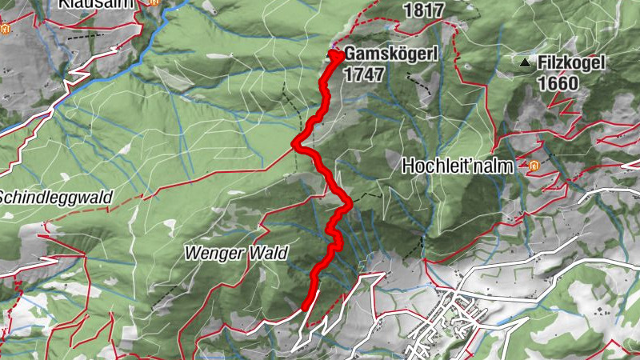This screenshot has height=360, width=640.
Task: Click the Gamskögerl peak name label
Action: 388,56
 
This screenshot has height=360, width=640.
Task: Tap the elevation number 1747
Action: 364,74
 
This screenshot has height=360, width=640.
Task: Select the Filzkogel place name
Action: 572,62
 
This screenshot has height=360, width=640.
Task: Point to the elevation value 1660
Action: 559,82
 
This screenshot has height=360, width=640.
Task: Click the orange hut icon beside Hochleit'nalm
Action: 532,166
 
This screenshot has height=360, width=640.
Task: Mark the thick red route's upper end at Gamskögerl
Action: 334,54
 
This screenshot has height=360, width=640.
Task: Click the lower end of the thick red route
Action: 306,304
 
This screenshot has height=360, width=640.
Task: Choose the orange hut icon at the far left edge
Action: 6,30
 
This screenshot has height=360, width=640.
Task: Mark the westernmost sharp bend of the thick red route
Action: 295,143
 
